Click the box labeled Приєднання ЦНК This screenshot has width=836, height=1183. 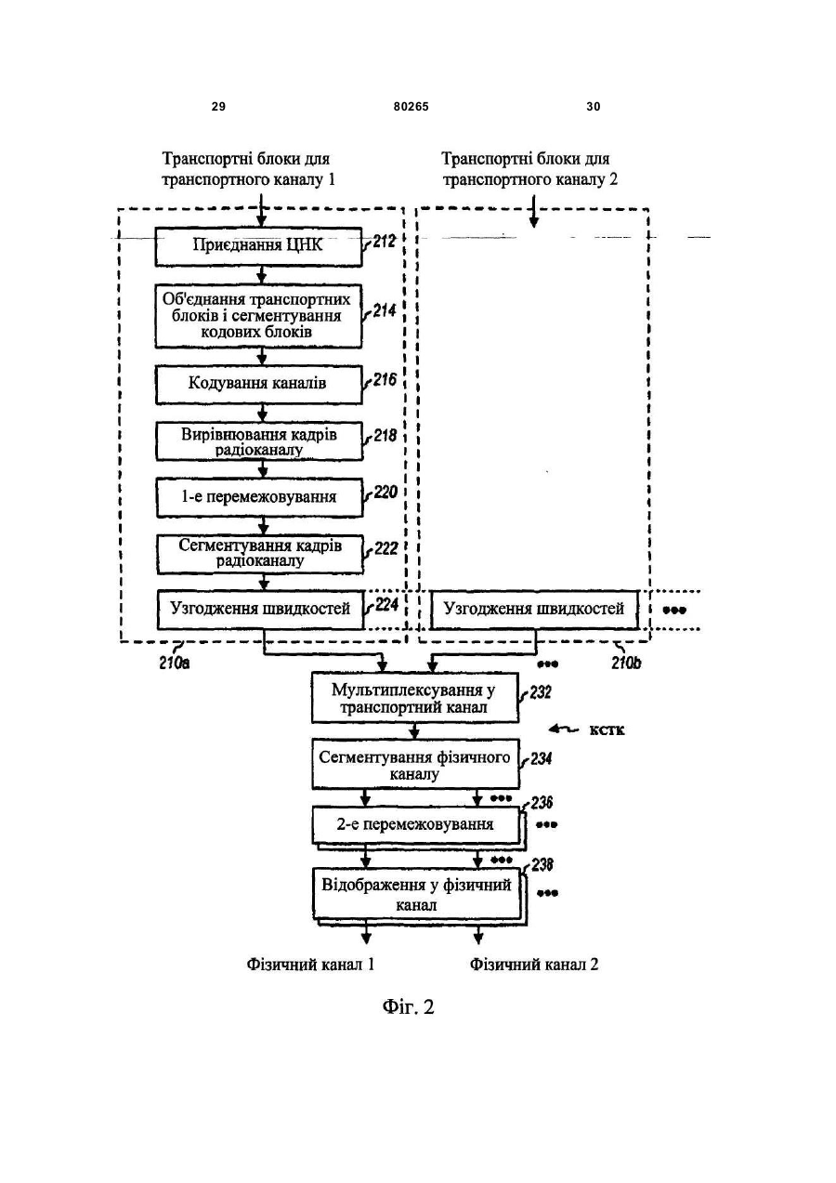(258, 246)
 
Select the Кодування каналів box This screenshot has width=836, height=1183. (258, 385)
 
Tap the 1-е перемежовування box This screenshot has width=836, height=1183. (259, 497)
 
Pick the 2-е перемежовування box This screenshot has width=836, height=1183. (416, 825)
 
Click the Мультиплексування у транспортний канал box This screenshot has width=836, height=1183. (415, 698)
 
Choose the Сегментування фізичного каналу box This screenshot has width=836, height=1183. (415, 765)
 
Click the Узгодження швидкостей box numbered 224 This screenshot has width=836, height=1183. (261, 610)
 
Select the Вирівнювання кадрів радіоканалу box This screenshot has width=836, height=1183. (259, 441)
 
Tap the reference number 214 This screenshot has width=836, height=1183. (385, 310)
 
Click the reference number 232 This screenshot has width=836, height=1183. (541, 692)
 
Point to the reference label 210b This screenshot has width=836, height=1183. (626, 663)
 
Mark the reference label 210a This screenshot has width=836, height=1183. (175, 663)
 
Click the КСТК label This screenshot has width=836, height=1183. (607, 730)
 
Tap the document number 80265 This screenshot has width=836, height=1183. (411, 107)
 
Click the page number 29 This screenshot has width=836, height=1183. (218, 107)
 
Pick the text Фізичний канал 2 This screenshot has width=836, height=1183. (534, 965)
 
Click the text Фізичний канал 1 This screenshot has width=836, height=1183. (310, 965)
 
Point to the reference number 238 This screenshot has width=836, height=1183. (542, 865)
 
